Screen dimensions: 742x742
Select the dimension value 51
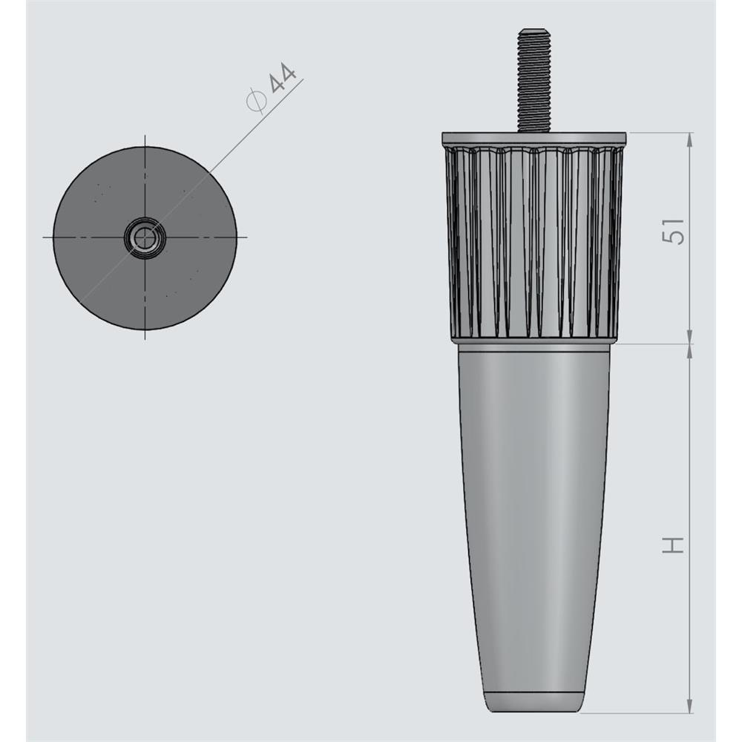[674, 231]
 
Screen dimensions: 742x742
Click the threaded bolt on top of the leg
[533, 80]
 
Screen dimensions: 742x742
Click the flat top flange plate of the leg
[533, 138]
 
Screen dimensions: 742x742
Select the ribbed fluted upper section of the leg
[533, 240]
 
